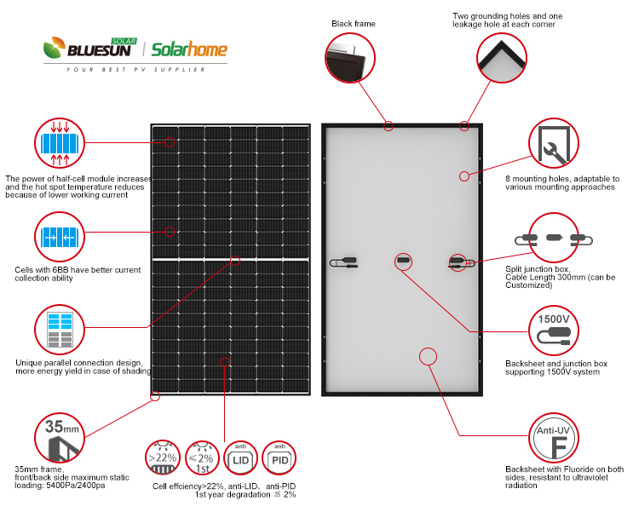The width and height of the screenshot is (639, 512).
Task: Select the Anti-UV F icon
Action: tap(554, 438)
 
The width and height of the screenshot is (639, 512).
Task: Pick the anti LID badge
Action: tap(239, 460)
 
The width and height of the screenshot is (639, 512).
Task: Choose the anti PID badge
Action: tap(279, 460)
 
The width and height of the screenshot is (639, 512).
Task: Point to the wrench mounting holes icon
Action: tap(554, 143)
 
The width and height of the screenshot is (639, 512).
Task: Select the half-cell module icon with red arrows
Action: tap(60, 143)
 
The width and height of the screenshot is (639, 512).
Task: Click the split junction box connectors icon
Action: tap(554, 238)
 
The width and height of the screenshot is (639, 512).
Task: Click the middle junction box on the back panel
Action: tap(403, 259)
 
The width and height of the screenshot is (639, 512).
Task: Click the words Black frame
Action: tap(353, 24)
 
